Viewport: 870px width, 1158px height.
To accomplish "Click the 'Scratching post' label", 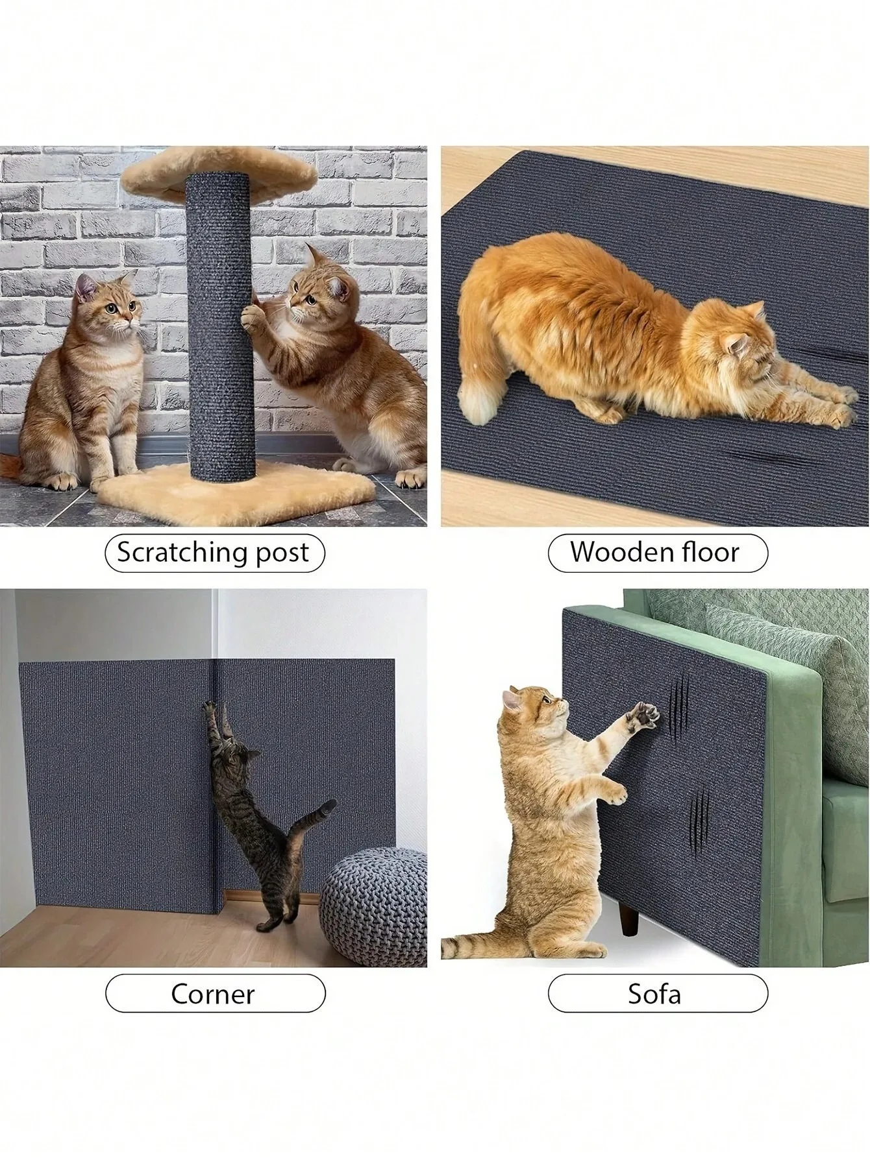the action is [214, 552].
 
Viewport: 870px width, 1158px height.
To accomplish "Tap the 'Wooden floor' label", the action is [658, 552].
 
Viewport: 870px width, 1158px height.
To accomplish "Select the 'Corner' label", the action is [214, 993].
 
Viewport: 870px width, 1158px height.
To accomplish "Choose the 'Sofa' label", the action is [658, 993].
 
